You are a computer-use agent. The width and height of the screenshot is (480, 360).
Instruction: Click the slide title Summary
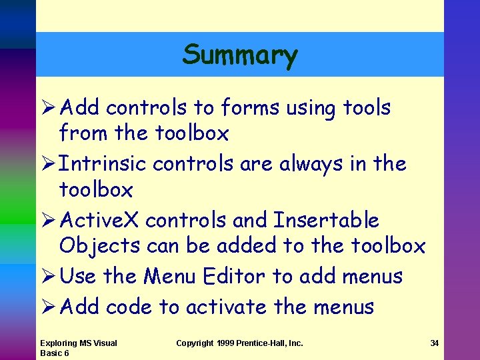[x=240, y=55]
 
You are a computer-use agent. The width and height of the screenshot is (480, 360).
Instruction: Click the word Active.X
[x=99, y=220]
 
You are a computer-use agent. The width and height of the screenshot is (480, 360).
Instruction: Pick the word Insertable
[x=327, y=220]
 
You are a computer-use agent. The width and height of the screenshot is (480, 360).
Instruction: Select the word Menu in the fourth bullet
[x=171, y=276]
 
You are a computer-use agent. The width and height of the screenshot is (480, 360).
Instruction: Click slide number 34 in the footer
[x=434, y=343]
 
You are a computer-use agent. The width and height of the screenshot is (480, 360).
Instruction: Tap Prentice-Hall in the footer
[x=266, y=343]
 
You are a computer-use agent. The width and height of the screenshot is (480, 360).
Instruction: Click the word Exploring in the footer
[x=58, y=343]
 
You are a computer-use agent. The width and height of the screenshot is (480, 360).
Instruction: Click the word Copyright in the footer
[x=194, y=343]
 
